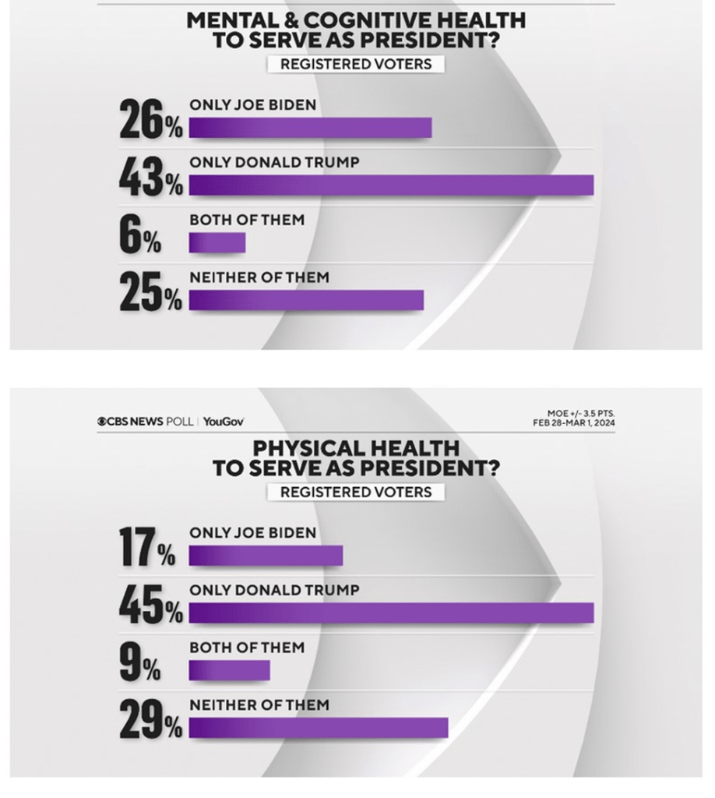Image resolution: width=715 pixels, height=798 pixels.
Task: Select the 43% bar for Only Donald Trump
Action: (391, 185)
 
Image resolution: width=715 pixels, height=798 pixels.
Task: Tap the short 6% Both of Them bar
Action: (217, 243)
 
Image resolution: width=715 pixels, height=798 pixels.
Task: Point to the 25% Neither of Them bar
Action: (306, 300)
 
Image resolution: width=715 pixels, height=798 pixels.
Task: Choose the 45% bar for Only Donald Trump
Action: (391, 613)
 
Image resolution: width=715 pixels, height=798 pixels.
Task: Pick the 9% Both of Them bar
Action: (229, 671)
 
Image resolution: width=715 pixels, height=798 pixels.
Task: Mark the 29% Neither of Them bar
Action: (319, 727)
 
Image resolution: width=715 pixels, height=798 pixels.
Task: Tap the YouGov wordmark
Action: (224, 422)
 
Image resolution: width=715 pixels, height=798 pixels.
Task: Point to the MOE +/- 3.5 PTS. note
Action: (580, 413)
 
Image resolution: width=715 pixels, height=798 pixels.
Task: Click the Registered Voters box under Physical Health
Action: (355, 492)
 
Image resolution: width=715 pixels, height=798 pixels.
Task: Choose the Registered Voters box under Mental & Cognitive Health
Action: (355, 64)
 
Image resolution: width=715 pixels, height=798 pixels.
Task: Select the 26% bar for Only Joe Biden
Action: (310, 128)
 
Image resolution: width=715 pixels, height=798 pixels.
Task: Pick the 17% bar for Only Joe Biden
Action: (266, 556)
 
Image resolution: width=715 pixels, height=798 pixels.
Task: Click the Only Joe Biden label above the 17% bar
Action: (253, 533)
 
